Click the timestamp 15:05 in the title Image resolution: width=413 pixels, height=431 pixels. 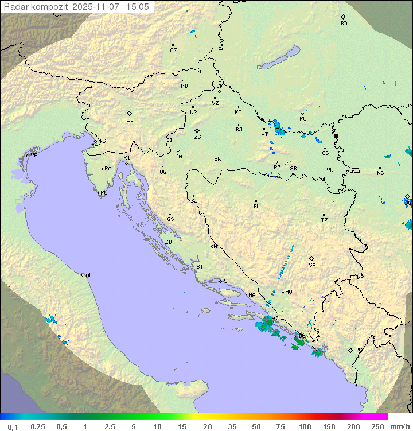pos(138,7)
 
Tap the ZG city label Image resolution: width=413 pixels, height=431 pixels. pos(197,137)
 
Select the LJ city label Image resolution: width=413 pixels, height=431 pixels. pos(130,120)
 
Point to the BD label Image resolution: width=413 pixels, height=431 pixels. pos(344,24)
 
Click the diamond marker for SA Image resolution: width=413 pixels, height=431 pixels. pos(312,258)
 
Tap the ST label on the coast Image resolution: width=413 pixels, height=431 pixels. pos(227,281)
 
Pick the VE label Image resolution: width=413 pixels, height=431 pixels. pos(34,156)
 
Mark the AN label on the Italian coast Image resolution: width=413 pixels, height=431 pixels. pos(89,275)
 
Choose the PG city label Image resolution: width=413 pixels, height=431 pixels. pos(359,350)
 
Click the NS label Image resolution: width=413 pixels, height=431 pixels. pos(380,173)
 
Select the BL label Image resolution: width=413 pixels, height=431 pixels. pos(256,207)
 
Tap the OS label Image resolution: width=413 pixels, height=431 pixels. pos(325,153)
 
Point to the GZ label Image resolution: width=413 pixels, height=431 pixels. pos(173,51)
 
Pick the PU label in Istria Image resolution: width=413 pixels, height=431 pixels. pos(104,193)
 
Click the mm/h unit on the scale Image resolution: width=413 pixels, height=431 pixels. pos(399,426)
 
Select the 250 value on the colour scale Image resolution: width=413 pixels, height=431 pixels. pos(377,426)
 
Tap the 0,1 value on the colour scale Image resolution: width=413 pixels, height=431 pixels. pos(13,426)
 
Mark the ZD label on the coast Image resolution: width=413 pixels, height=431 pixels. pos(168,242)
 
